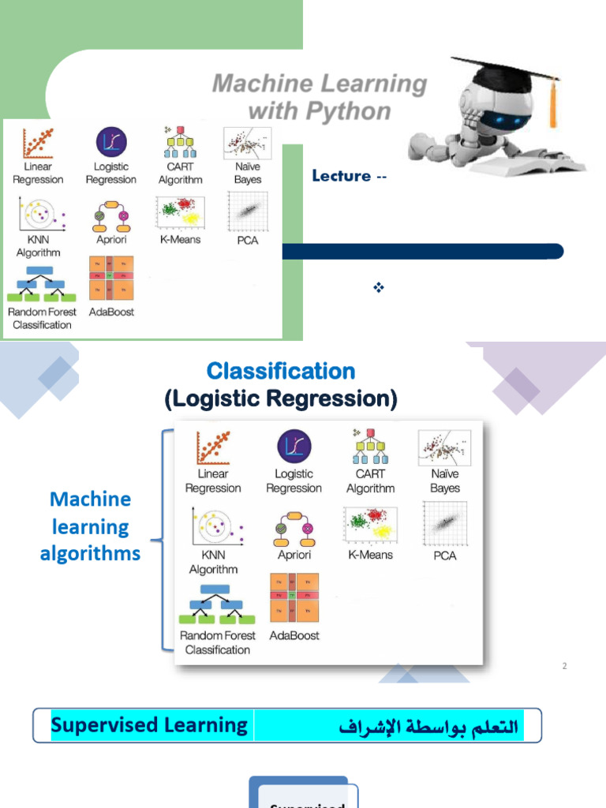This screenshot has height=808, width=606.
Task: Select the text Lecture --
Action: [349, 176]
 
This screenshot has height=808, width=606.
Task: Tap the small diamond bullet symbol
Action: [378, 287]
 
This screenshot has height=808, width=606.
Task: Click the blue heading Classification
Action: [281, 371]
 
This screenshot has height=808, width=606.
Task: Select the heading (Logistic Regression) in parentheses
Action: [281, 399]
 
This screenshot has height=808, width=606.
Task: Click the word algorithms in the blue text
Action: [90, 554]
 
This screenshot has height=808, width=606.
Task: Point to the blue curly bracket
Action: [163, 541]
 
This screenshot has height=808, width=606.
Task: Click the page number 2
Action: [565, 666]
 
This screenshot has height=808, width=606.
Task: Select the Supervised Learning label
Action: [149, 725]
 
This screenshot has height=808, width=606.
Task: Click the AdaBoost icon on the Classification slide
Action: [294, 597]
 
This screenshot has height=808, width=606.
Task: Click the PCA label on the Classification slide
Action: [445, 555]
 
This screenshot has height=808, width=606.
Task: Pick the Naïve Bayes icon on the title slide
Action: [247, 143]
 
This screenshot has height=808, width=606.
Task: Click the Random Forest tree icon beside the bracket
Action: [218, 603]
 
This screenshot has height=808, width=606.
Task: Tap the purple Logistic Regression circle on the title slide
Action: [111, 142]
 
